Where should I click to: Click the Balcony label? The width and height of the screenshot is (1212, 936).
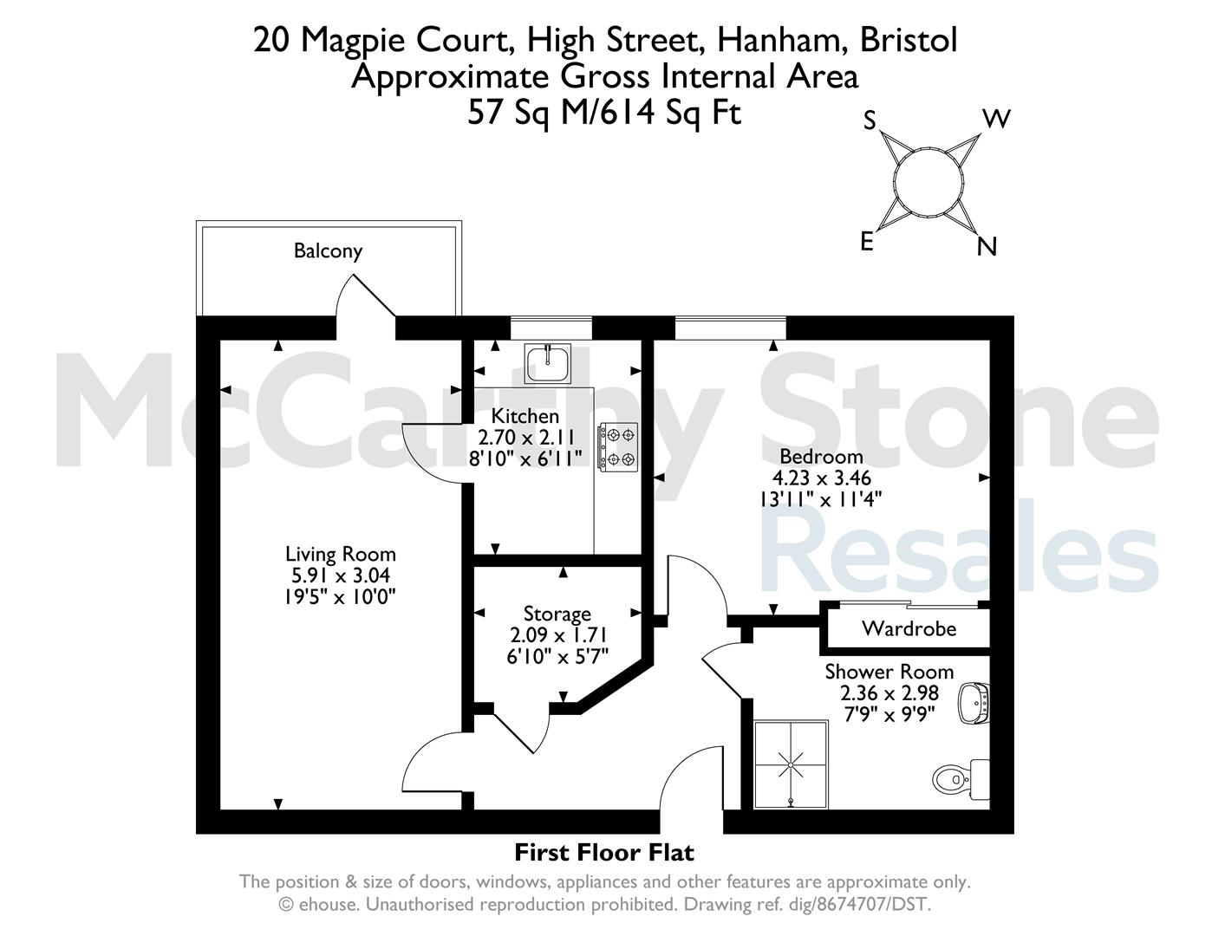pos(328,250)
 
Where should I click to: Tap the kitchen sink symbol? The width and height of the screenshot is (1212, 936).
pos(548,363)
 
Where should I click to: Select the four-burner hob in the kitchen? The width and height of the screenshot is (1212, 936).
pos(617,446)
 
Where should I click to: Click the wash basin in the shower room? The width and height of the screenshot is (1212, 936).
pos(974,704)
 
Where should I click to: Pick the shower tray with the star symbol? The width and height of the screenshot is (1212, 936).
pos(791,764)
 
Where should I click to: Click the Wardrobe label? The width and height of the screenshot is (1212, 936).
pos(909,629)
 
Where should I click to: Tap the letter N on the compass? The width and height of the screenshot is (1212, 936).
pos(987,246)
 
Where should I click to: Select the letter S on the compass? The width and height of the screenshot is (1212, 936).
pos(870,120)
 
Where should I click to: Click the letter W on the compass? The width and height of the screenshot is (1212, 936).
pos(996,119)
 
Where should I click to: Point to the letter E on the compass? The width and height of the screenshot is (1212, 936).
pos(866,242)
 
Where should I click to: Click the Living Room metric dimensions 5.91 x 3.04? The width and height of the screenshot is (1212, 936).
pos(340,575)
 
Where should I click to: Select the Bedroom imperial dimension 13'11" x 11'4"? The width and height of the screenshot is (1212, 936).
pos(821,498)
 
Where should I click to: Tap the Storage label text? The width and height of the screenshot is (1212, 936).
pos(557,614)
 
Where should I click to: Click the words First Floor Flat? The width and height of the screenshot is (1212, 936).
pos(604,853)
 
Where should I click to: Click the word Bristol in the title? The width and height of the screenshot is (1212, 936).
pos(909,40)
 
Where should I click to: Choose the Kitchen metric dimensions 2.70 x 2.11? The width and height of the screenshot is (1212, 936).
pos(526,437)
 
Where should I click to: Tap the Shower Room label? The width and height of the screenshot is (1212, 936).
pos(889,672)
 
